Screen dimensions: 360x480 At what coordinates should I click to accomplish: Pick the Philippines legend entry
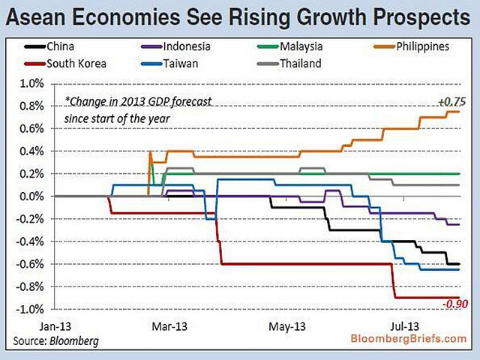(x=408, y=46)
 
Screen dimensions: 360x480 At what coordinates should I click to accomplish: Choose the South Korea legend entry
(x=75, y=64)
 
